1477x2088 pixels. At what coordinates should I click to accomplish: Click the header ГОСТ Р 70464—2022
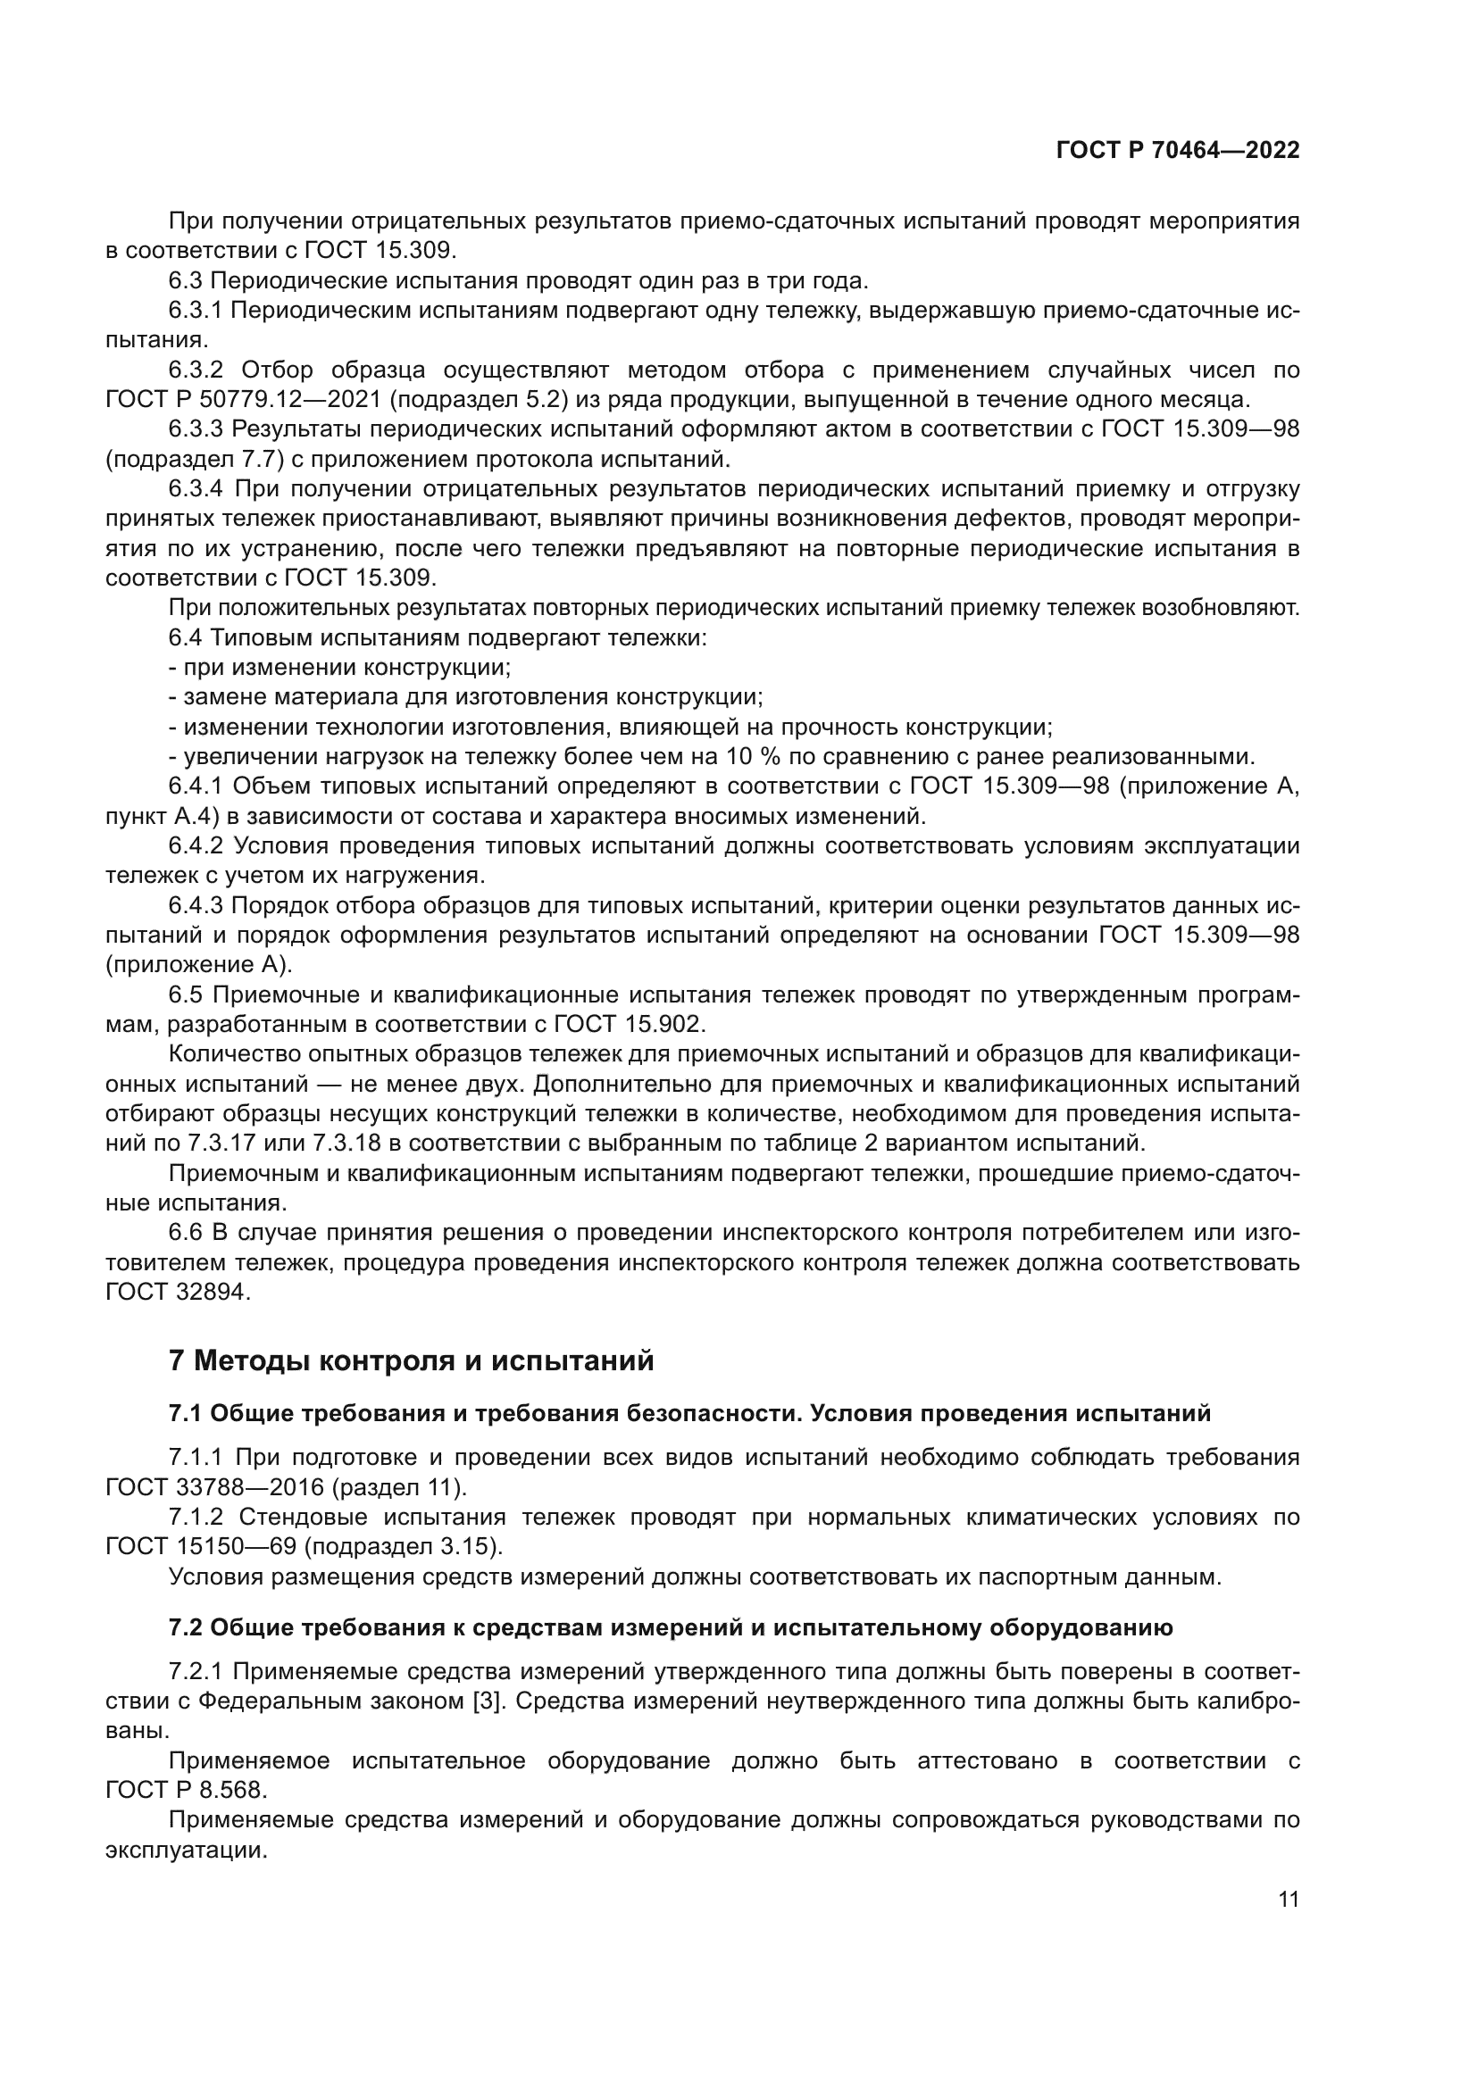1177,150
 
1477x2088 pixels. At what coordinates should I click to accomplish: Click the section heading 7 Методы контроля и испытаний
411,1360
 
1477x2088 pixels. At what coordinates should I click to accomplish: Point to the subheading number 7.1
186,1413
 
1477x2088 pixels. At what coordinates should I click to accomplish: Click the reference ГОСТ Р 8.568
186,1790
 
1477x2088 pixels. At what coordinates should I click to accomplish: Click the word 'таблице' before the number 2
815,1144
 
